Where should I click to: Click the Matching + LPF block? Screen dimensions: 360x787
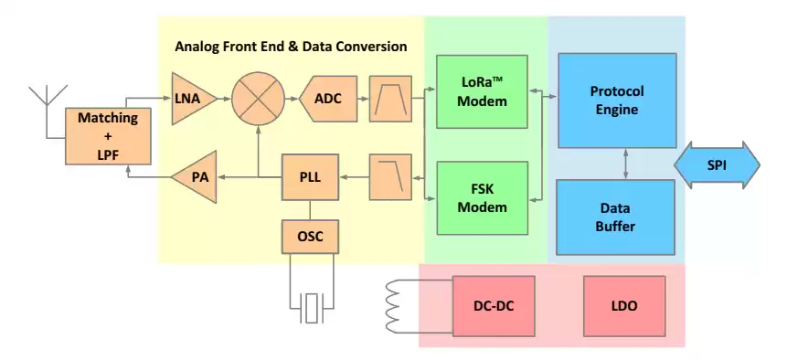point(107,135)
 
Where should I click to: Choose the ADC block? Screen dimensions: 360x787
point(326,97)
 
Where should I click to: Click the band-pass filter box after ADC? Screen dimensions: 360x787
point(390,97)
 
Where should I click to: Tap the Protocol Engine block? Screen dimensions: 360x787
point(617,101)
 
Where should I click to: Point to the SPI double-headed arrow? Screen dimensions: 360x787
point(717,165)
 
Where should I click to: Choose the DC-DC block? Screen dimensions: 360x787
point(491,306)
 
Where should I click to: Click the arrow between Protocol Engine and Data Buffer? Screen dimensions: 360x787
point(625,164)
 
